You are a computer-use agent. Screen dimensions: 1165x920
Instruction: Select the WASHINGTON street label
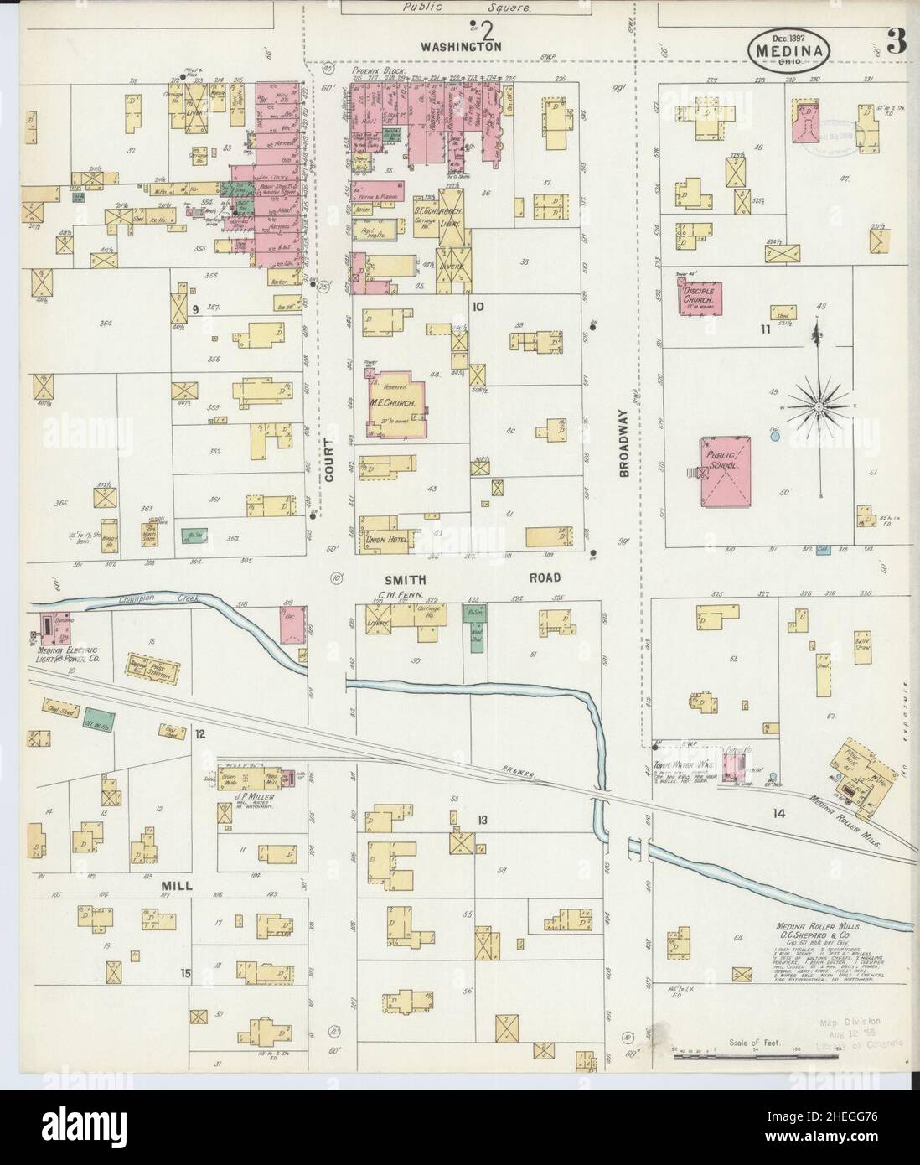tap(461, 48)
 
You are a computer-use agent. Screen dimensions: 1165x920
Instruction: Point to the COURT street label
tap(329, 459)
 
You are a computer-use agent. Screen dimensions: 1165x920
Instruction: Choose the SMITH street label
tap(406, 578)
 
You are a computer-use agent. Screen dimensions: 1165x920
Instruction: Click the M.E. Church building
tap(399, 402)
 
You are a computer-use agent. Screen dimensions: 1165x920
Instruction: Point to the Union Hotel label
tap(386, 540)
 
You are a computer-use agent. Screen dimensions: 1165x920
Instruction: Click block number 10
tap(478, 306)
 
